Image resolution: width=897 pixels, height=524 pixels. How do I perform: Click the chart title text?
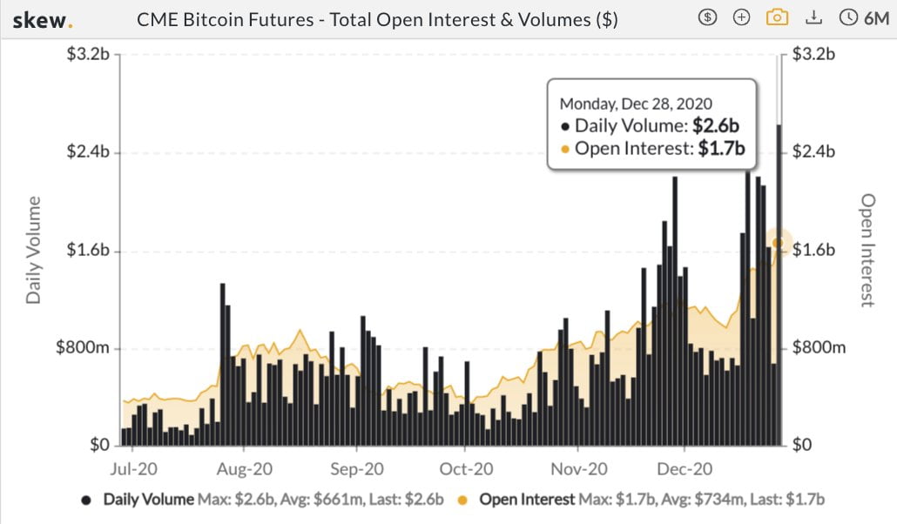[x=377, y=18]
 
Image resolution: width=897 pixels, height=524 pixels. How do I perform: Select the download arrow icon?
[x=813, y=17]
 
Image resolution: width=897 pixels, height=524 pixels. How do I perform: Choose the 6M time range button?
[x=863, y=17]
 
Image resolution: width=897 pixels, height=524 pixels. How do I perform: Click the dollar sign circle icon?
[x=709, y=17]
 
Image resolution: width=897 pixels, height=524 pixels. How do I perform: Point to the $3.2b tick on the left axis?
[x=87, y=54]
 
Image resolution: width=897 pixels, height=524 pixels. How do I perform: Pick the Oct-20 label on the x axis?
[x=466, y=470]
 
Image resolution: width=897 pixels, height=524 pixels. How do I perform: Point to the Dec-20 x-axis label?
[x=685, y=470]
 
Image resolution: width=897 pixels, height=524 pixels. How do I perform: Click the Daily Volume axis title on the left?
[x=33, y=251]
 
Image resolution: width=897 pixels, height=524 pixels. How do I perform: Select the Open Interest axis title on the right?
[x=867, y=251]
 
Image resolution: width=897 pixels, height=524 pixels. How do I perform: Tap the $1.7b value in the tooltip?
[x=722, y=149]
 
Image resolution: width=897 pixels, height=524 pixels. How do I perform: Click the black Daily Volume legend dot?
[x=86, y=500]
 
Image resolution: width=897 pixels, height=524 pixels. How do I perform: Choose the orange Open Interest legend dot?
[x=463, y=500]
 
